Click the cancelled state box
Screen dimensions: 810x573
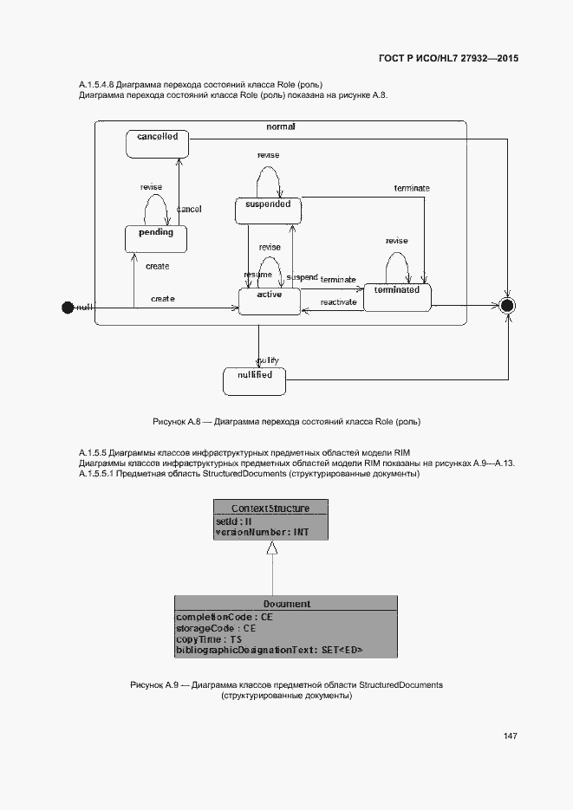coord(157,143)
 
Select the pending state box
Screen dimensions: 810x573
coord(156,238)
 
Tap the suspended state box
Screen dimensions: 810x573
coord(268,210)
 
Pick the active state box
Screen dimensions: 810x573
coord(270,301)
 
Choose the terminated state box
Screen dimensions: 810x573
coord(397,296)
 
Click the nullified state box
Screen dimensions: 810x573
coord(254,380)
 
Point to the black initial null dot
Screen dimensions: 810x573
coord(68,307)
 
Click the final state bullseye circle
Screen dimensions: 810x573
coord(508,305)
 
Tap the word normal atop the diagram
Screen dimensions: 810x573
coord(281,126)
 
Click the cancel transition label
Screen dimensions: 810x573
coord(189,210)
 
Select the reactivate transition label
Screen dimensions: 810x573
coord(339,301)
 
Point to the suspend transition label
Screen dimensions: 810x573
coord(302,277)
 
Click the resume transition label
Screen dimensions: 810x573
coord(257,274)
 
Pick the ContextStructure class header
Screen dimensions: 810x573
coord(270,508)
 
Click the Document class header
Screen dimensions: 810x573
coord(286,603)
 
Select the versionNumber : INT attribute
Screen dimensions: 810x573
coord(262,532)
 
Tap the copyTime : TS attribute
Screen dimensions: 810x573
coord(209,638)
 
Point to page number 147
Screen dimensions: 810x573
coord(510,735)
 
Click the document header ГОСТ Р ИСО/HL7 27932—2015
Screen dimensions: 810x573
coord(449,59)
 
